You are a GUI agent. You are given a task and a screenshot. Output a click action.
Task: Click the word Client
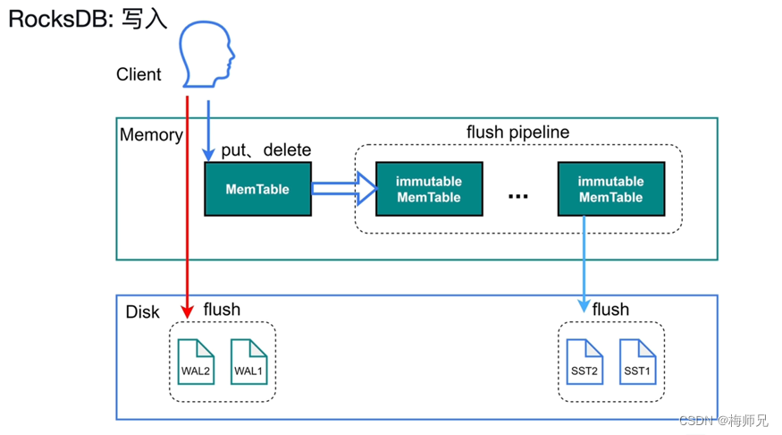click(x=139, y=75)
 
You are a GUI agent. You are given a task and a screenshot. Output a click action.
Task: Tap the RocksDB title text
click(x=88, y=19)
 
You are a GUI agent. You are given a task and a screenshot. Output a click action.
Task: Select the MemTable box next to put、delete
click(x=257, y=189)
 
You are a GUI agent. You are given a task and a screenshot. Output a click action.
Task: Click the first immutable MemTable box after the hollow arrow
click(x=429, y=189)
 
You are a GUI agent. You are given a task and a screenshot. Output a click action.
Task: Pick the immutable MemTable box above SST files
click(x=610, y=189)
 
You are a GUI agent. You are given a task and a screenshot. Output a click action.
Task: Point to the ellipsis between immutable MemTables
click(x=518, y=196)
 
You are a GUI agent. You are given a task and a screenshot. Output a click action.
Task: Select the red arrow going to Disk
click(x=187, y=206)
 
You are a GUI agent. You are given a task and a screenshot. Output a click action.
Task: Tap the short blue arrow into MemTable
click(x=208, y=130)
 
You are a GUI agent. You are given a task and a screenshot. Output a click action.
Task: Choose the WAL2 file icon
click(x=197, y=362)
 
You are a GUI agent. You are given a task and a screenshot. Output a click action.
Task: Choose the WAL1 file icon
click(x=248, y=362)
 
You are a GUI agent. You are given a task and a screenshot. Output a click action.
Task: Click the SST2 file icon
click(x=584, y=362)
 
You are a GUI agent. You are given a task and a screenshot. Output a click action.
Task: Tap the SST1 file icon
click(x=637, y=362)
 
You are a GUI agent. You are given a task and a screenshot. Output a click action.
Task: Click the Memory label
click(x=151, y=135)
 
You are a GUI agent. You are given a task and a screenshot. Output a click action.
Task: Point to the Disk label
click(x=142, y=311)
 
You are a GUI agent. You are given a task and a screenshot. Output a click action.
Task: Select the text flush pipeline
click(x=517, y=132)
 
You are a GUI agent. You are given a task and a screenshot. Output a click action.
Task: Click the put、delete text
click(x=265, y=149)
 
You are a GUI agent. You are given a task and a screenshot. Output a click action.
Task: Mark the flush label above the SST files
click(x=610, y=310)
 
